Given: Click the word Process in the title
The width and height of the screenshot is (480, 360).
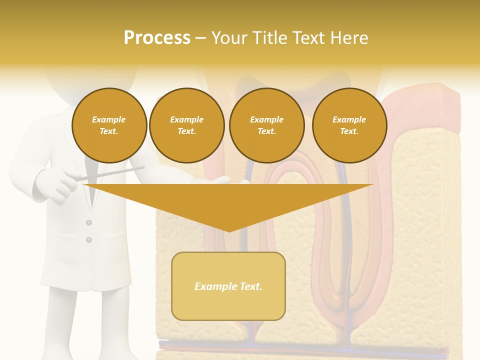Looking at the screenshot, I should point(157,38).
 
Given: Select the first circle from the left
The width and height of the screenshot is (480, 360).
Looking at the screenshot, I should point(109,125).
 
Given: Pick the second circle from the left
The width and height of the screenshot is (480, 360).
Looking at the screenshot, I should point(186,125).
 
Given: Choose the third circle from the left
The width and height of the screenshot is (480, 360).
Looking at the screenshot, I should point(266,125).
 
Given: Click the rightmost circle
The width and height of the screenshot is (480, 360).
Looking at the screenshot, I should point(349,125).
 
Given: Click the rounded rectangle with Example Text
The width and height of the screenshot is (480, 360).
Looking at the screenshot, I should point(228,286).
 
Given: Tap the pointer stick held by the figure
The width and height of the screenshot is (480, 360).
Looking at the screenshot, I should point(115,172).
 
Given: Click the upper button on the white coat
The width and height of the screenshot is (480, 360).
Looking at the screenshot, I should point(89,222).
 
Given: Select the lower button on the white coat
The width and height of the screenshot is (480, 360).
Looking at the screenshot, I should point(89,240).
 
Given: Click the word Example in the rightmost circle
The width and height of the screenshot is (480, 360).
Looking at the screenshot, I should point(349,119).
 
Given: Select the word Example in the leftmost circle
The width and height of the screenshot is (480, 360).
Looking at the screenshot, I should point(109,119).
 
